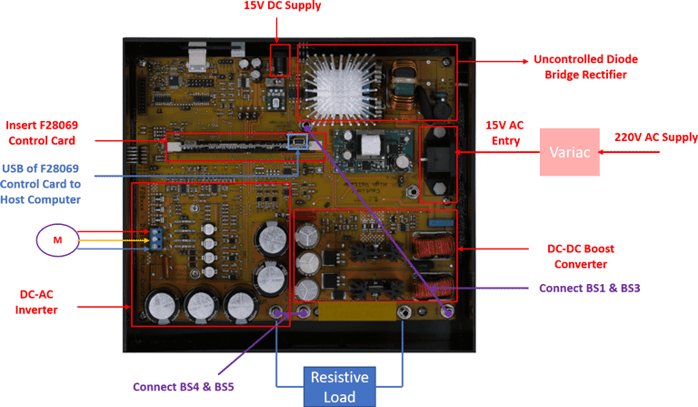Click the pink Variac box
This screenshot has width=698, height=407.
pyautogui.click(x=571, y=155)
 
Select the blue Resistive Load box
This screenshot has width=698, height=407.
pyautogui.click(x=340, y=386)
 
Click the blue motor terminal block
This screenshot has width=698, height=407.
pyautogui.click(x=158, y=239)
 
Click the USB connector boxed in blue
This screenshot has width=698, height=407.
pyautogui.click(x=297, y=143)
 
